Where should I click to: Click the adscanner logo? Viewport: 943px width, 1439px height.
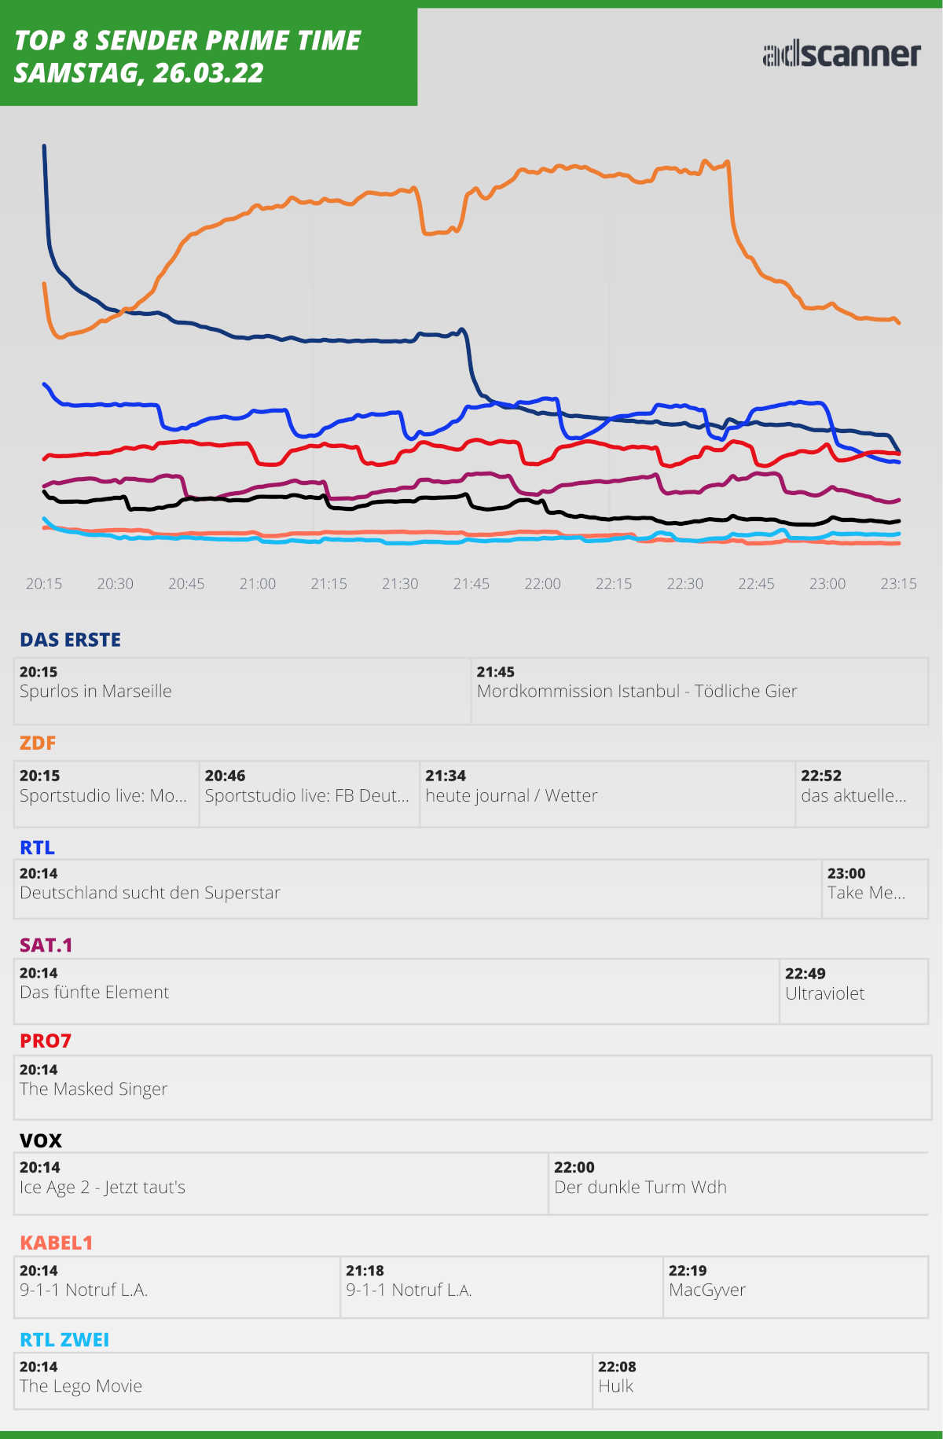coord(841,54)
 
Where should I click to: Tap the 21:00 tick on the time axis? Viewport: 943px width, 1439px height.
coord(258,584)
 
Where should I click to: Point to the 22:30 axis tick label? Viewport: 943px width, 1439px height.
coord(684,584)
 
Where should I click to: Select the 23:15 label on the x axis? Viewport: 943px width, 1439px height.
coord(898,584)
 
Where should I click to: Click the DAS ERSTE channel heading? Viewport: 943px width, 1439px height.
coord(71,640)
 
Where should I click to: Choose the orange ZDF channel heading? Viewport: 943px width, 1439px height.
coord(38,743)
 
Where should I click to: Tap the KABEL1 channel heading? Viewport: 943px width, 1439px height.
coord(57,1243)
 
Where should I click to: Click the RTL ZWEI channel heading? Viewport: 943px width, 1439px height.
coord(64,1340)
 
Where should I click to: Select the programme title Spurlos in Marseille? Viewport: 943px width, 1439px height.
coord(95,692)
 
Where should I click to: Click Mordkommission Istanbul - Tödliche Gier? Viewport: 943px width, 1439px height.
coord(637,692)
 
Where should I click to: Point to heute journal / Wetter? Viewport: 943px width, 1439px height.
coord(511,795)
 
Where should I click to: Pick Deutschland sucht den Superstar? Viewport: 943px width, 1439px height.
coord(149,893)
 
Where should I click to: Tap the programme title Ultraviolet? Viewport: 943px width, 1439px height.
coord(824,993)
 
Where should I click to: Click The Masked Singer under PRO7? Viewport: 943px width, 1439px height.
coord(94,1089)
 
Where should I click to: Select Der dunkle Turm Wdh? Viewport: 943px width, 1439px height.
coord(640,1187)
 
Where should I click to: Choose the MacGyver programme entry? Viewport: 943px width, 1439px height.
coord(706,1290)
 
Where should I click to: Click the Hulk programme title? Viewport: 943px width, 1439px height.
coord(615,1386)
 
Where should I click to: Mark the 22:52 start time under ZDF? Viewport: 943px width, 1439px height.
coord(820,776)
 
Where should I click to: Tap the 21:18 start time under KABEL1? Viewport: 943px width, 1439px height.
coord(365,1270)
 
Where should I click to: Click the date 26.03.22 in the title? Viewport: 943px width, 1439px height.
coord(208,73)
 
